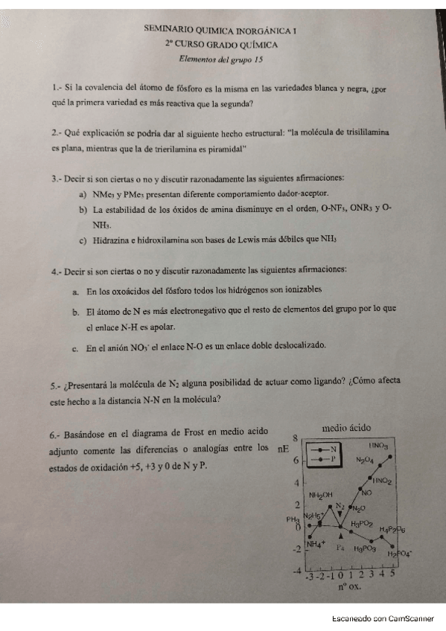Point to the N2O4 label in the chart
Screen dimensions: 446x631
pos(366,460)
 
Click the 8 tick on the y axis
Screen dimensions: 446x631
pos(295,438)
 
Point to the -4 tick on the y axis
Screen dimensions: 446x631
pos(294,571)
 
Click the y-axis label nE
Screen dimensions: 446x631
pos(284,449)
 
